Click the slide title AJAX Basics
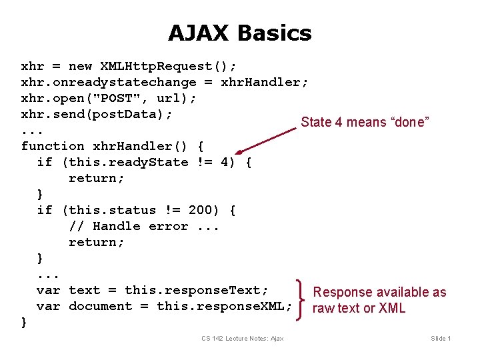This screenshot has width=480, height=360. (239, 33)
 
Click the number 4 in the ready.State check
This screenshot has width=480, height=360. (224, 162)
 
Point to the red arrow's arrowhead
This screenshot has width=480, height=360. (239, 153)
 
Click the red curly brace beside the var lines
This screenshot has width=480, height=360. (303, 298)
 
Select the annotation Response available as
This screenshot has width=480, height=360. (379, 292)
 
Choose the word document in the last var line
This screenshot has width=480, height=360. (101, 306)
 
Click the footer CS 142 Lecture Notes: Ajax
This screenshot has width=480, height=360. (242, 339)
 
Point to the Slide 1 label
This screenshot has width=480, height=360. (441, 339)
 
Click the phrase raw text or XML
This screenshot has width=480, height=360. (359, 308)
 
